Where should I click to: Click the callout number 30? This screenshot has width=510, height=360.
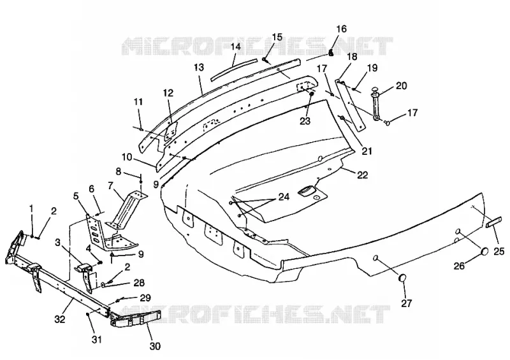click(x=155, y=347)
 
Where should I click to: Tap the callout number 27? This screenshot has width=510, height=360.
click(x=406, y=303)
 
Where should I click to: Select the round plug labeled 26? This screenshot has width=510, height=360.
click(x=484, y=252)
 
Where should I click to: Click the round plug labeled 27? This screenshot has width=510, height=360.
click(x=403, y=278)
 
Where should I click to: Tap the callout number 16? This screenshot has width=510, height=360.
click(x=341, y=29)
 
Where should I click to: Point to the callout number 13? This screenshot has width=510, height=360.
click(x=199, y=68)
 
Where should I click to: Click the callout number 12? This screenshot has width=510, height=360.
click(x=168, y=93)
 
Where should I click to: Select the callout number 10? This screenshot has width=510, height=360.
click(x=127, y=157)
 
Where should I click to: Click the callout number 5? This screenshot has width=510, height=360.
click(x=75, y=196)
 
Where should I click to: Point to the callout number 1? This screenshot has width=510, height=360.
click(x=31, y=208)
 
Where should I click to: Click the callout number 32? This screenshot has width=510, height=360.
click(x=59, y=320)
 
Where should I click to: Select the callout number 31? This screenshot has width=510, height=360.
click(x=97, y=340)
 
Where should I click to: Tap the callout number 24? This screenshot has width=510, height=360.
click(x=283, y=198)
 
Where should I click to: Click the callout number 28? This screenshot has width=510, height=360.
click(x=139, y=283)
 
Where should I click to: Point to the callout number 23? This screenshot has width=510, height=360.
click(x=305, y=120)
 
